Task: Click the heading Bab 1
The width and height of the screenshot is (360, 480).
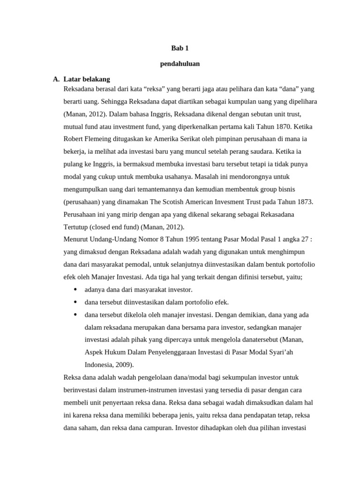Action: click(180, 48)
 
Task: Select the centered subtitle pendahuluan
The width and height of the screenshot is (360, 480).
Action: click(180, 64)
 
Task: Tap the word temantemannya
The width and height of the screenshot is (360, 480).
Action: click(143, 189)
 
